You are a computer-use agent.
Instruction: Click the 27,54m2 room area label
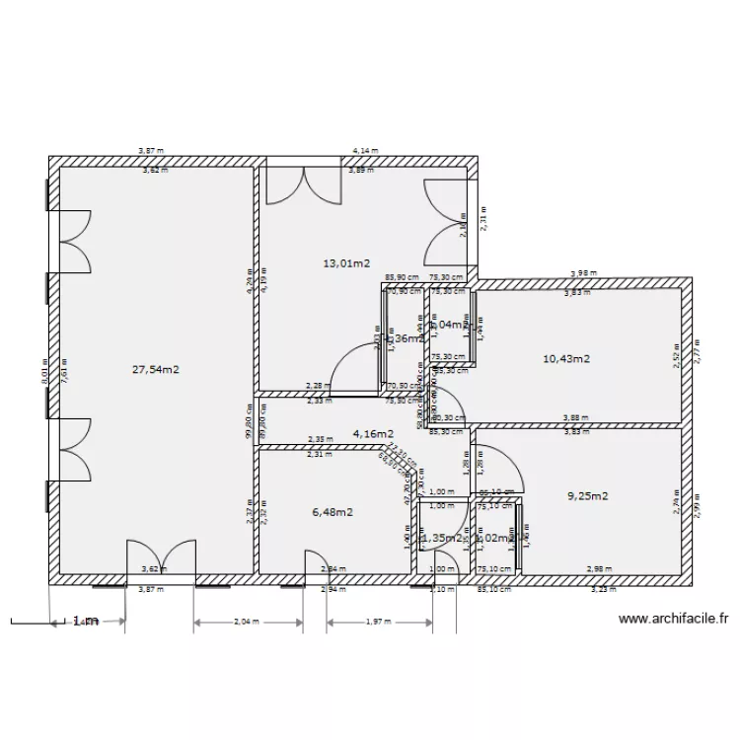tap(156, 369)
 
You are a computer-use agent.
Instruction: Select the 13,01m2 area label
tap(346, 263)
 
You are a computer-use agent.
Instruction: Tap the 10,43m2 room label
tap(566, 359)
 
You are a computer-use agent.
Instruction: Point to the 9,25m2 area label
tap(587, 496)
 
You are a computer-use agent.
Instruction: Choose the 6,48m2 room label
tap(333, 511)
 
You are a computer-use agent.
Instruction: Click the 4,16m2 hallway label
tap(373, 433)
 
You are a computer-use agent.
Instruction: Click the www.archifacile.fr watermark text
tap(673, 620)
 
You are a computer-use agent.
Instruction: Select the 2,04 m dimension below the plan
tap(247, 622)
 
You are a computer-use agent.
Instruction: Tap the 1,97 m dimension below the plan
tap(379, 622)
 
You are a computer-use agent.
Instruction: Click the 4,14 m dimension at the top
tap(364, 151)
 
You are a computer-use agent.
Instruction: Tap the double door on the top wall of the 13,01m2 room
tap(307, 185)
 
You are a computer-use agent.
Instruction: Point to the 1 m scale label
tap(85, 622)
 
